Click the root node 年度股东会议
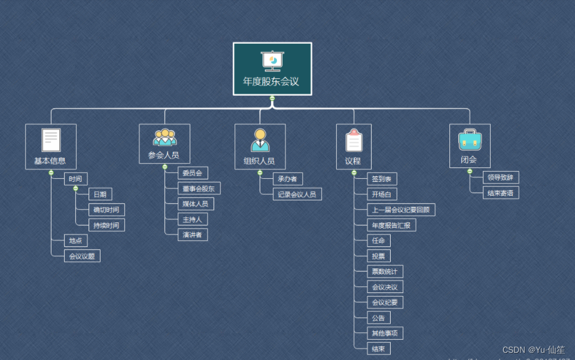pyautogui.click(x=272, y=69)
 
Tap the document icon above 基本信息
pyautogui.click(x=51, y=140)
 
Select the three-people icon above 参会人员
pyautogui.click(x=165, y=138)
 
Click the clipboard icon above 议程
pyautogui.click(x=354, y=140)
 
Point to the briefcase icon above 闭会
pyautogui.click(x=470, y=139)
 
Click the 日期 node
pyautogui.click(x=100, y=194)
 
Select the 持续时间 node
pyautogui.click(x=107, y=225)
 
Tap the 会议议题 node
pyautogui.click(x=82, y=256)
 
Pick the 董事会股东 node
pyautogui.click(x=199, y=188)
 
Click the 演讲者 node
pyautogui.click(x=193, y=234)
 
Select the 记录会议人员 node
pyautogui.click(x=297, y=194)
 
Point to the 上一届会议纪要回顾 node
pyautogui.click(x=401, y=209)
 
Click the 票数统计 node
pyautogui.click(x=385, y=271)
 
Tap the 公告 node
pyautogui.click(x=379, y=318)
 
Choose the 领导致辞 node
pyautogui.click(x=501, y=177)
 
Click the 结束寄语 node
pyautogui.click(x=501, y=193)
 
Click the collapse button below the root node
pyautogui.click(x=272, y=98)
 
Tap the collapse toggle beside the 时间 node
pyautogui.click(x=75, y=188)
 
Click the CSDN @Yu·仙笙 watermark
pyautogui.click(x=533, y=350)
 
